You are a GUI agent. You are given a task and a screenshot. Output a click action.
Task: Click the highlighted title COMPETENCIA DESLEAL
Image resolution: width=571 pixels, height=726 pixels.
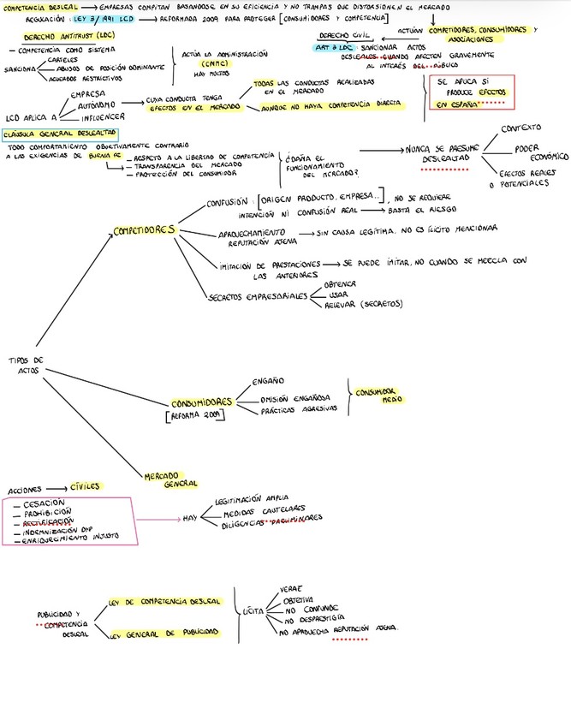[34, 7]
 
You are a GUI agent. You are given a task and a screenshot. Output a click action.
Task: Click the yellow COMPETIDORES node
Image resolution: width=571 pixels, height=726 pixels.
[145, 231]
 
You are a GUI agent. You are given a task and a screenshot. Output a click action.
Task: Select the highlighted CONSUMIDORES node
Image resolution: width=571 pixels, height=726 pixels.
[202, 402]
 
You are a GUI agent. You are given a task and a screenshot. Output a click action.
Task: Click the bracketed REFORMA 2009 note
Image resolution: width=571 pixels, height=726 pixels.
[193, 416]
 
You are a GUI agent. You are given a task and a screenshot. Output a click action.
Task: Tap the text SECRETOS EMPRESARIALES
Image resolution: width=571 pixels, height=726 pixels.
[259, 296]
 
